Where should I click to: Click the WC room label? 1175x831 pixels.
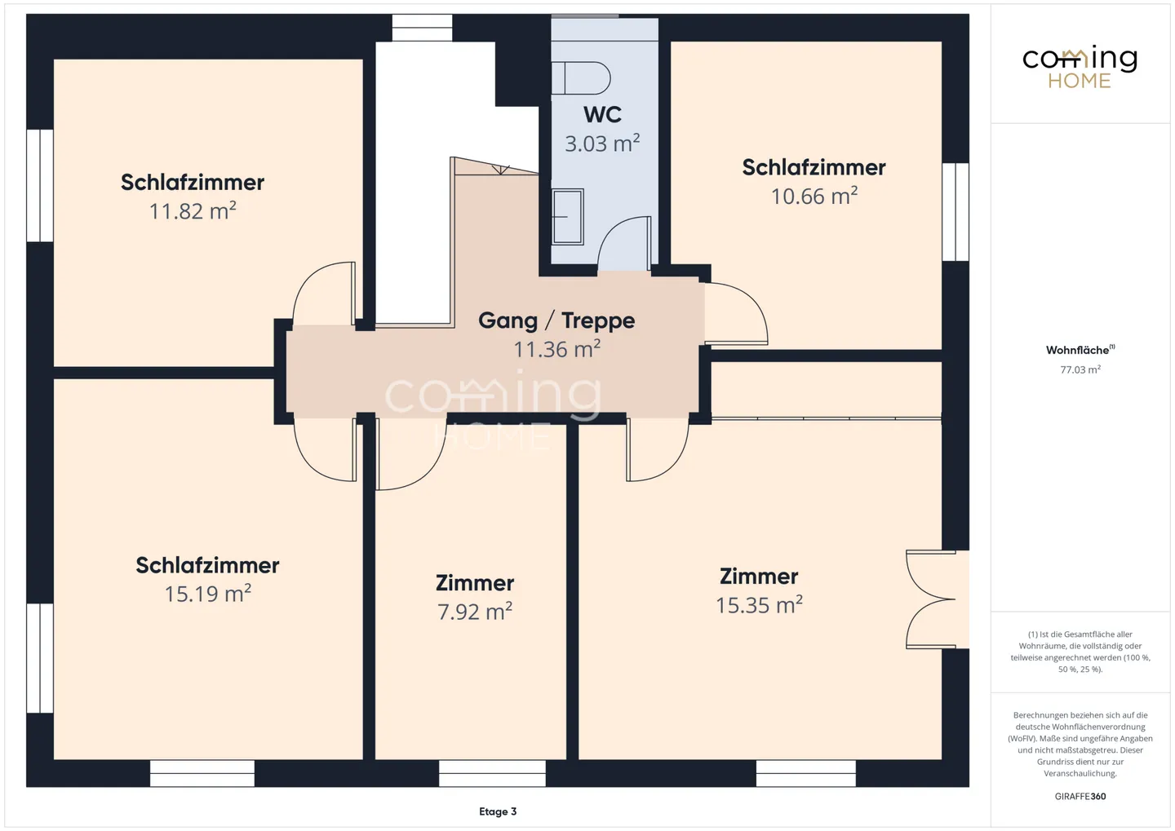602,115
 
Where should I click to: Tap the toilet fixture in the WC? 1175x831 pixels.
581,78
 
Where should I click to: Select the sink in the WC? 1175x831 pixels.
568,217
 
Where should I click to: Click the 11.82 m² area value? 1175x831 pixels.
193,210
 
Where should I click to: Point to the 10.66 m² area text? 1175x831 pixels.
814,196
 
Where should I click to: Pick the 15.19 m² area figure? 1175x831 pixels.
208,594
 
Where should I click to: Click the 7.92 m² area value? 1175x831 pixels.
475,612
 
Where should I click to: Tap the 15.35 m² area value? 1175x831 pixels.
759,604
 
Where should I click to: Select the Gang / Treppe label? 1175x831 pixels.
556,320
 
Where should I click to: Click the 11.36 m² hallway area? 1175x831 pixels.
556,349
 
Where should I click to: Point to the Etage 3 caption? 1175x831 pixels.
498,811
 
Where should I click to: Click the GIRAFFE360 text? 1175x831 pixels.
1080,797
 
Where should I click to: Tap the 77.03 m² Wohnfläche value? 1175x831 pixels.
1080,369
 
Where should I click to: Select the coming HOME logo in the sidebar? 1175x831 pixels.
1080,68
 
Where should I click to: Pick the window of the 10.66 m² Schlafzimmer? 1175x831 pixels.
956,212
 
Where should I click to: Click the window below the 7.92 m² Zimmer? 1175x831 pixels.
492,773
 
